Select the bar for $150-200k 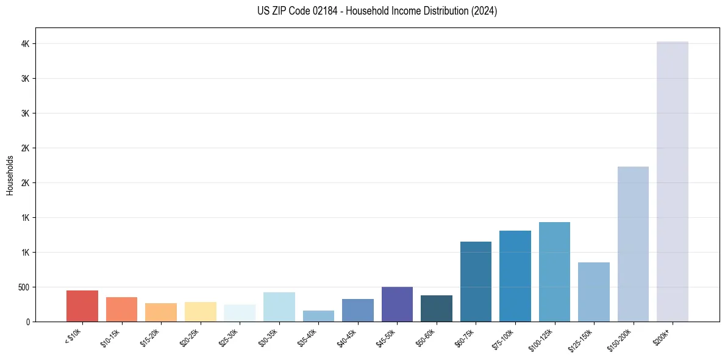[x=633, y=244]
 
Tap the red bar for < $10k [x=82, y=306]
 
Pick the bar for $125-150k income [x=593, y=292]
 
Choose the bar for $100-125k [x=554, y=272]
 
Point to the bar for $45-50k [x=397, y=304]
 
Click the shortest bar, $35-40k [x=318, y=316]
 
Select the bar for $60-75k [x=476, y=281]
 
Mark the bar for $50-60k [x=437, y=308]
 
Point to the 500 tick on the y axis [x=23, y=287]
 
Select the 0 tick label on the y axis [x=27, y=322]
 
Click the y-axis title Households [x=10, y=175]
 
